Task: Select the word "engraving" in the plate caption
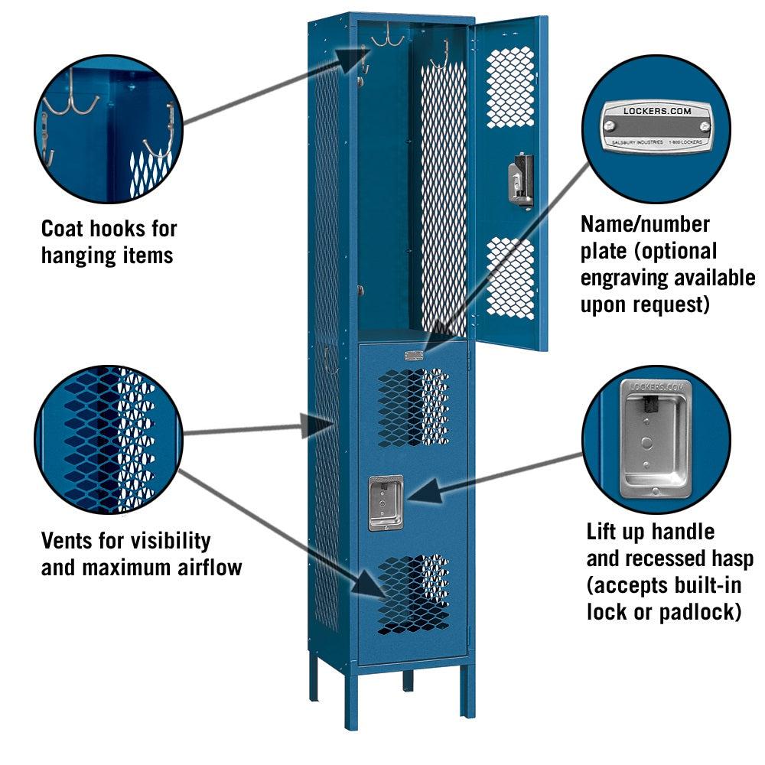[x=620, y=277]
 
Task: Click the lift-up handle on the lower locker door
[x=386, y=503]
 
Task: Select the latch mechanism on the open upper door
[x=521, y=180]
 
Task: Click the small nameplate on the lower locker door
[x=414, y=355]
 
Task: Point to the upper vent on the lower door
[x=413, y=406]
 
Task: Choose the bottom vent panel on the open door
[x=510, y=278]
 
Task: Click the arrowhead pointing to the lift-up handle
[x=420, y=489]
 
